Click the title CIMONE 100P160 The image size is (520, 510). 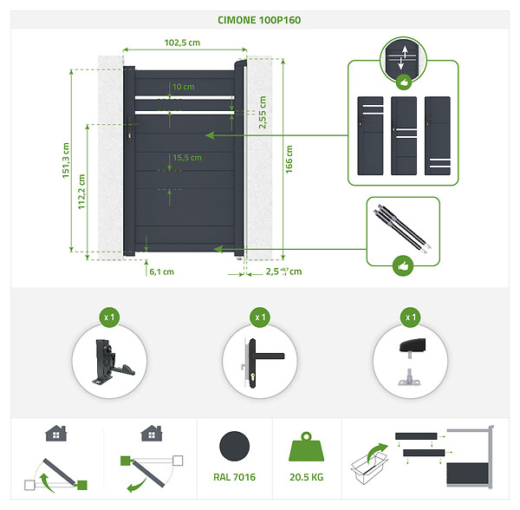pyautogui.click(x=259, y=20)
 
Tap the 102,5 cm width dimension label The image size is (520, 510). pyautogui.click(x=182, y=42)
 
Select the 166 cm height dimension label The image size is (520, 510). pyautogui.click(x=289, y=160)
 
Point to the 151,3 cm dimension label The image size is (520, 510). pyautogui.click(x=66, y=160)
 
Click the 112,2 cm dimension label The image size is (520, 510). pyautogui.click(x=81, y=192)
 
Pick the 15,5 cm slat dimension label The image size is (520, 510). pyautogui.click(x=187, y=158)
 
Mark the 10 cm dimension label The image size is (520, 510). pyautogui.click(x=184, y=87)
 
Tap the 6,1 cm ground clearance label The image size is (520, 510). pyautogui.click(x=161, y=271)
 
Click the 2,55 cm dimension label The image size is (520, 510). pyautogui.click(x=263, y=112)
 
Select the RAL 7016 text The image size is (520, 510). pyautogui.click(x=235, y=477)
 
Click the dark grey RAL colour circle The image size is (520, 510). pyautogui.click(x=235, y=447)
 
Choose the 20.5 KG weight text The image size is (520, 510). pyautogui.click(x=307, y=477)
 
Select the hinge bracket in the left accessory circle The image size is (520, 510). pyautogui.click(x=111, y=362)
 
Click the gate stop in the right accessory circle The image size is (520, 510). pyautogui.click(x=411, y=362)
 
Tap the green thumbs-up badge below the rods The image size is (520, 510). pyautogui.click(x=403, y=265)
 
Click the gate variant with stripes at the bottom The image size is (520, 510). pyautogui.click(x=438, y=135)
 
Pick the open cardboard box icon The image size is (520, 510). pyautogui.click(x=369, y=464)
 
